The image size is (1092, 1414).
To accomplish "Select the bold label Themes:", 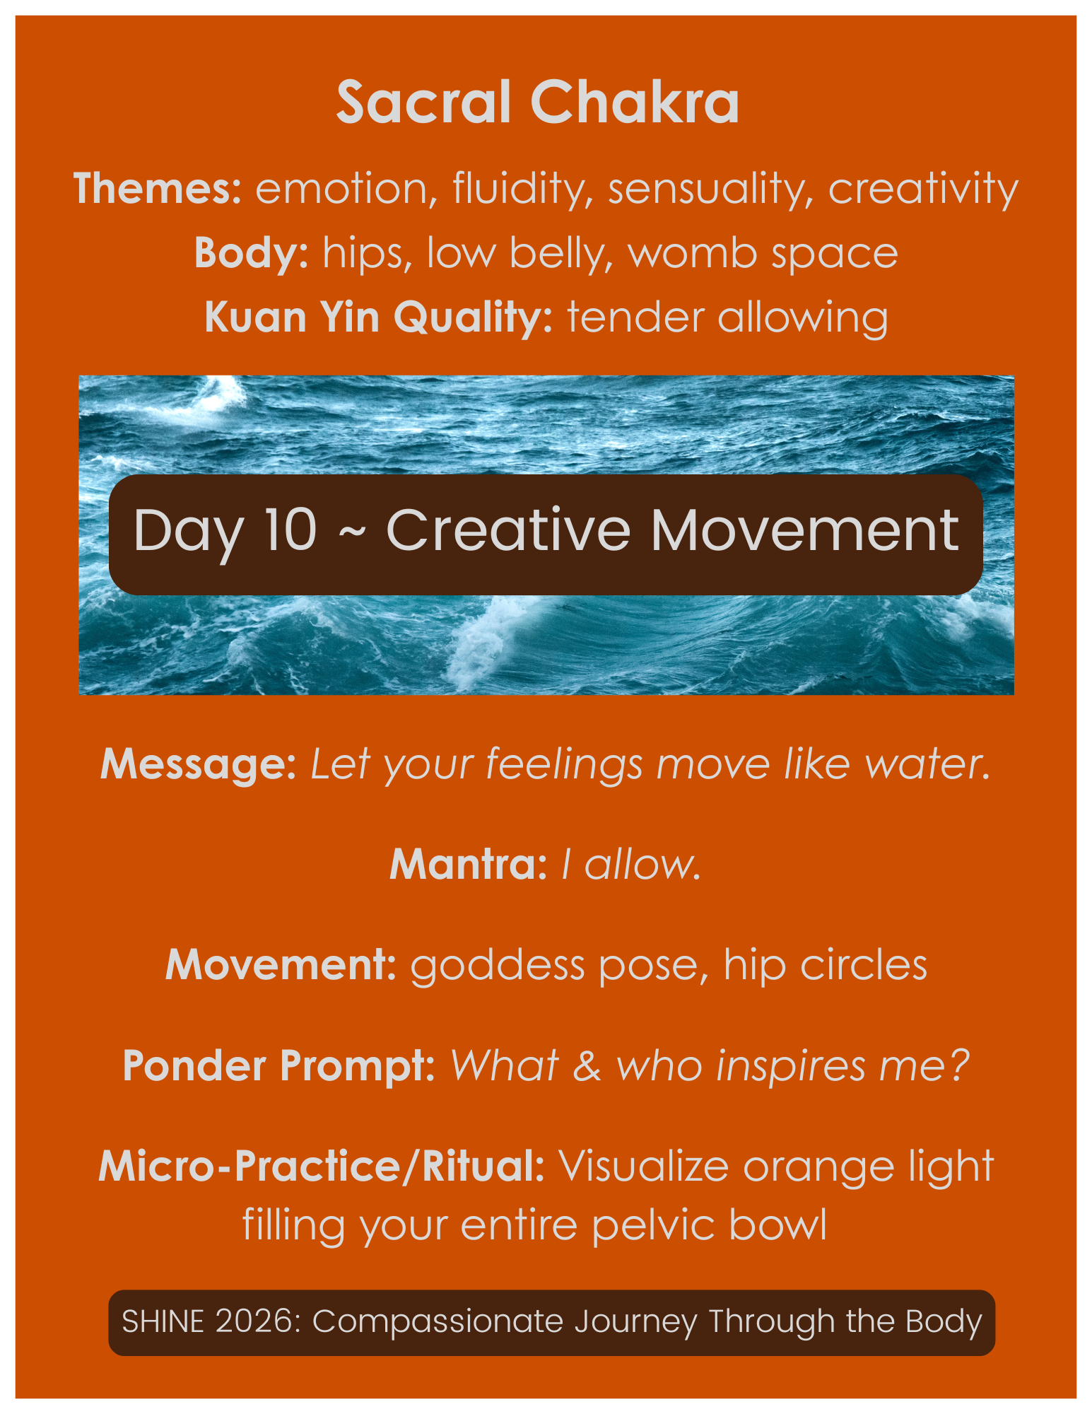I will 158,189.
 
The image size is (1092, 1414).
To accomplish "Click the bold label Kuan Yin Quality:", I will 378,317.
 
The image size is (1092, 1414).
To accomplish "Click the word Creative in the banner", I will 507,530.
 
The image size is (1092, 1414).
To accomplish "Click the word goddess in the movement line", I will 498,966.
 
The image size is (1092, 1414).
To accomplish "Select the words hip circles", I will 825,965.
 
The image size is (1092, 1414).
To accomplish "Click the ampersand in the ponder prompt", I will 587,1066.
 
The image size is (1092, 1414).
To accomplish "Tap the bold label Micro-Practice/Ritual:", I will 322,1167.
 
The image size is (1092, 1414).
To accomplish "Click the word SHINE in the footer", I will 163,1321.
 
